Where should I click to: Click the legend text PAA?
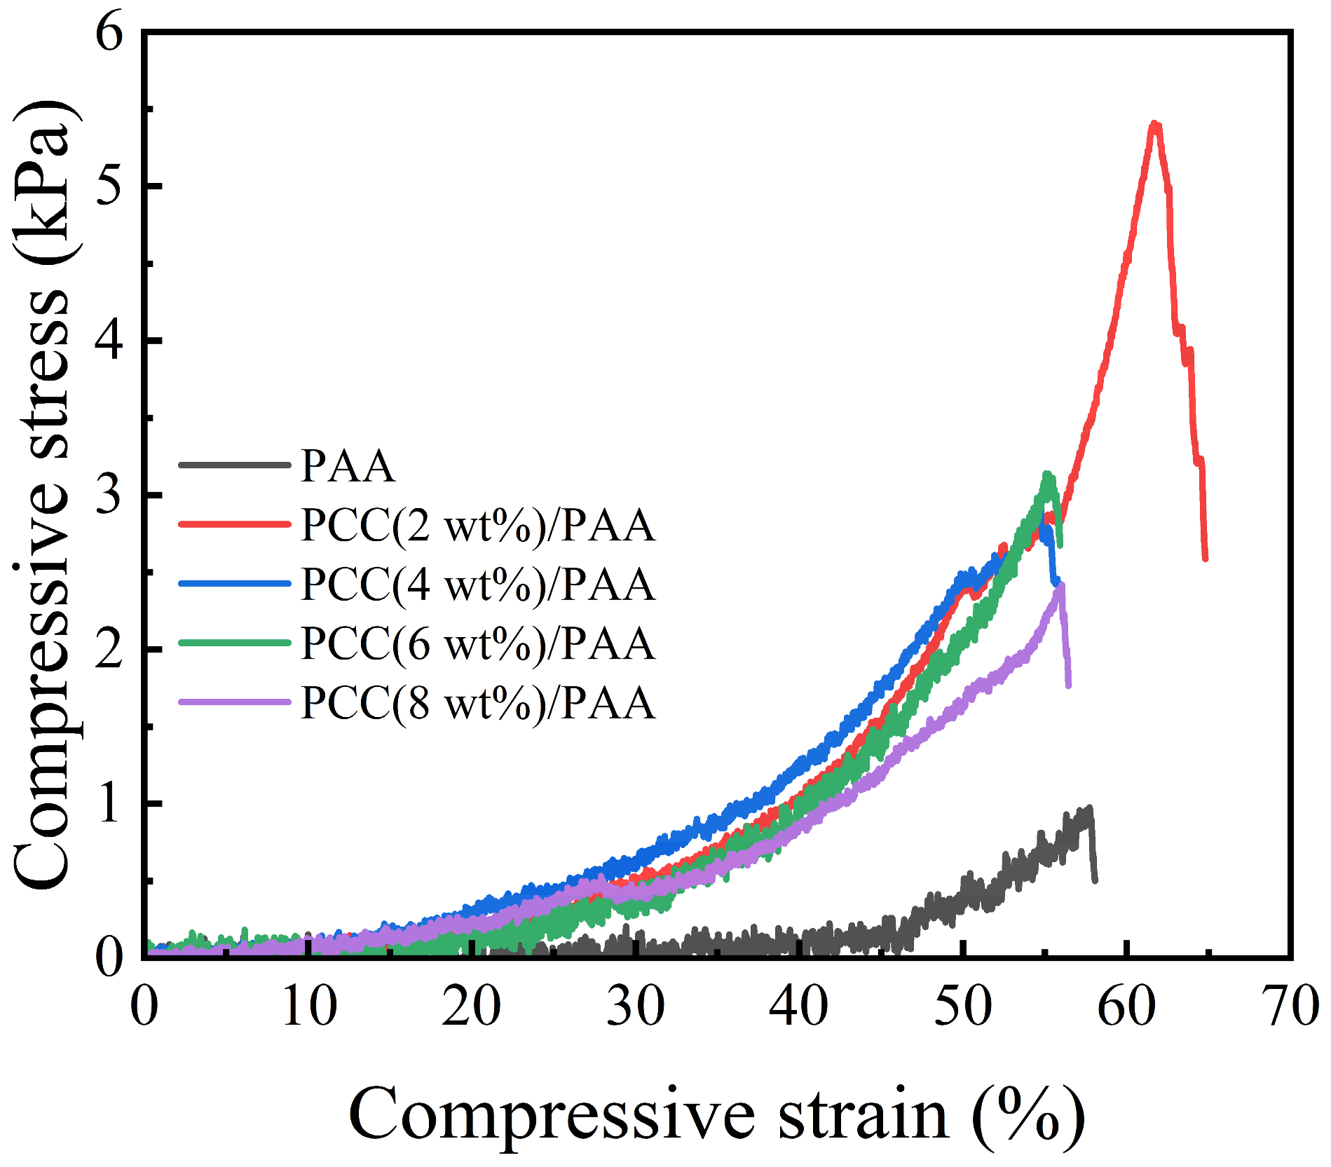(348, 465)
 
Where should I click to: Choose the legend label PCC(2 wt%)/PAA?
(478, 525)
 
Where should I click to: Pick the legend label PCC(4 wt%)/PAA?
(478, 584)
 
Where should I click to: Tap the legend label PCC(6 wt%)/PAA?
(478, 643)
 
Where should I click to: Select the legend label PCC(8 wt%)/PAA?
(478, 703)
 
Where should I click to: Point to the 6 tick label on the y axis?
(109, 34)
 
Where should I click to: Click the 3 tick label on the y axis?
(109, 495)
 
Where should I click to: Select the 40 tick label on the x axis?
(798, 1006)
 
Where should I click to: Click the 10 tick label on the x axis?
(308, 1006)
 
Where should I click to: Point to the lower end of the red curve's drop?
(1205, 559)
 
